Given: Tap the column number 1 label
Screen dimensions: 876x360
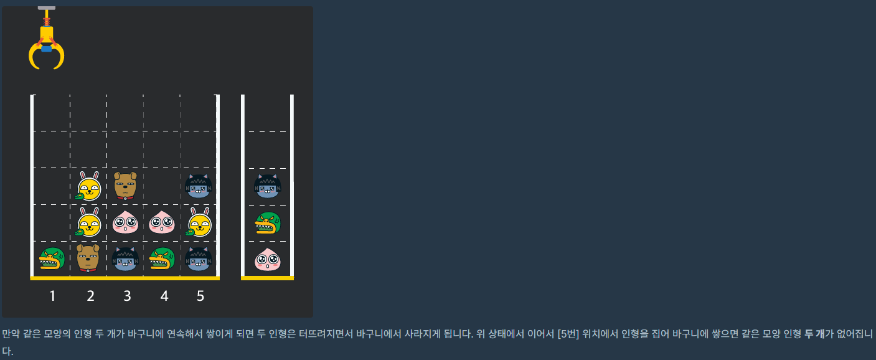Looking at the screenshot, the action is click(x=53, y=296).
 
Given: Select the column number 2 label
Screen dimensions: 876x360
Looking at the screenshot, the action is click(x=90, y=296).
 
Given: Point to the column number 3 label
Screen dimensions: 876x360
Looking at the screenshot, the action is click(x=127, y=296).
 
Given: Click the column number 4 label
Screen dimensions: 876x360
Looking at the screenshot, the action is click(x=164, y=296).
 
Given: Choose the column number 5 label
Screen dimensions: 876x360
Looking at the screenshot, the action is click(x=200, y=296).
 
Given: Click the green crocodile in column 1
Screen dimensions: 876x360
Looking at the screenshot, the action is click(x=52, y=260).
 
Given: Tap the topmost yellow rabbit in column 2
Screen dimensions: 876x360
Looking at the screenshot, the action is click(x=88, y=186).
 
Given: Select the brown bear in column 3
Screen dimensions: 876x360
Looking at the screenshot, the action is click(x=125, y=186).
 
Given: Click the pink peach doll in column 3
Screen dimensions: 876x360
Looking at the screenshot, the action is click(x=125, y=222).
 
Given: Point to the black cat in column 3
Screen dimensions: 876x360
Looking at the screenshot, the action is click(x=125, y=259).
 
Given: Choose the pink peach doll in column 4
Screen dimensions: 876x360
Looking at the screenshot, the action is click(x=162, y=222).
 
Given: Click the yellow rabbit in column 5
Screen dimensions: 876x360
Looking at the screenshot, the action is click(x=199, y=222).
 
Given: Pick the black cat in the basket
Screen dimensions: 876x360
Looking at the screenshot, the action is click(x=268, y=186).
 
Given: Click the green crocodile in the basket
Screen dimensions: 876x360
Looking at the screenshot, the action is click(x=268, y=223).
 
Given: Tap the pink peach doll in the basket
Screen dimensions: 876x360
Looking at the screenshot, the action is click(x=268, y=260).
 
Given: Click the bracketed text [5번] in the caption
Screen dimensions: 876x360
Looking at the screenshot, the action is click(x=568, y=334).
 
